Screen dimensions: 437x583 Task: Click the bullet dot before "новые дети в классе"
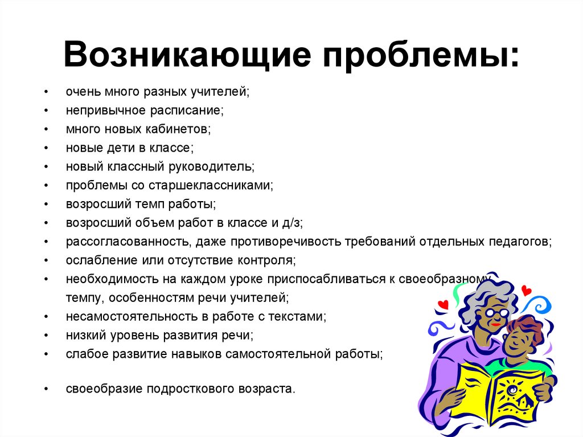pos(46,148)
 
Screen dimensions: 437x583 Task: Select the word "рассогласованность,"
pos(128,241)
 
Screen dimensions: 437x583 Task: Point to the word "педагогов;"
pos(520,241)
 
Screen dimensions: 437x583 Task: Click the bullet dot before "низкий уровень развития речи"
pos(46,335)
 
